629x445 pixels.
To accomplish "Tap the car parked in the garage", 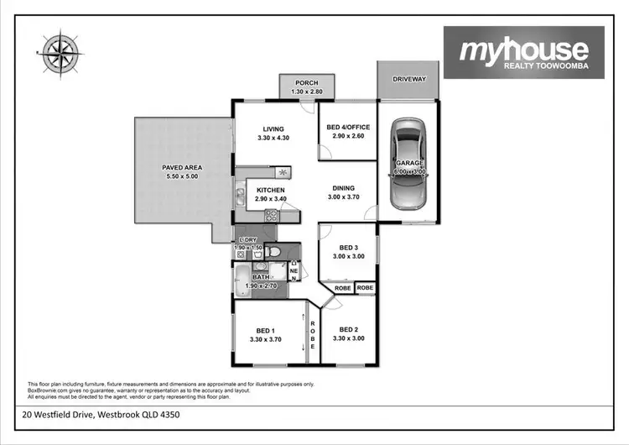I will tap(409, 162).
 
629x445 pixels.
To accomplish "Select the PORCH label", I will tap(306, 82).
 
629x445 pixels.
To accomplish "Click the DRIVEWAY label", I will tap(409, 79).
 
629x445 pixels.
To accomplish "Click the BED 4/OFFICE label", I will tap(347, 128).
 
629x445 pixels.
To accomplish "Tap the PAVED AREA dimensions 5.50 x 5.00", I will tap(182, 178).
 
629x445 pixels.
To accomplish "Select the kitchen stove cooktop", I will tap(272, 215).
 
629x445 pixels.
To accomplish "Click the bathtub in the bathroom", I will tap(242, 280).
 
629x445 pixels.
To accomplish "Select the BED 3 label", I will tap(347, 248).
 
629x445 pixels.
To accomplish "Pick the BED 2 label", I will tap(347, 330).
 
